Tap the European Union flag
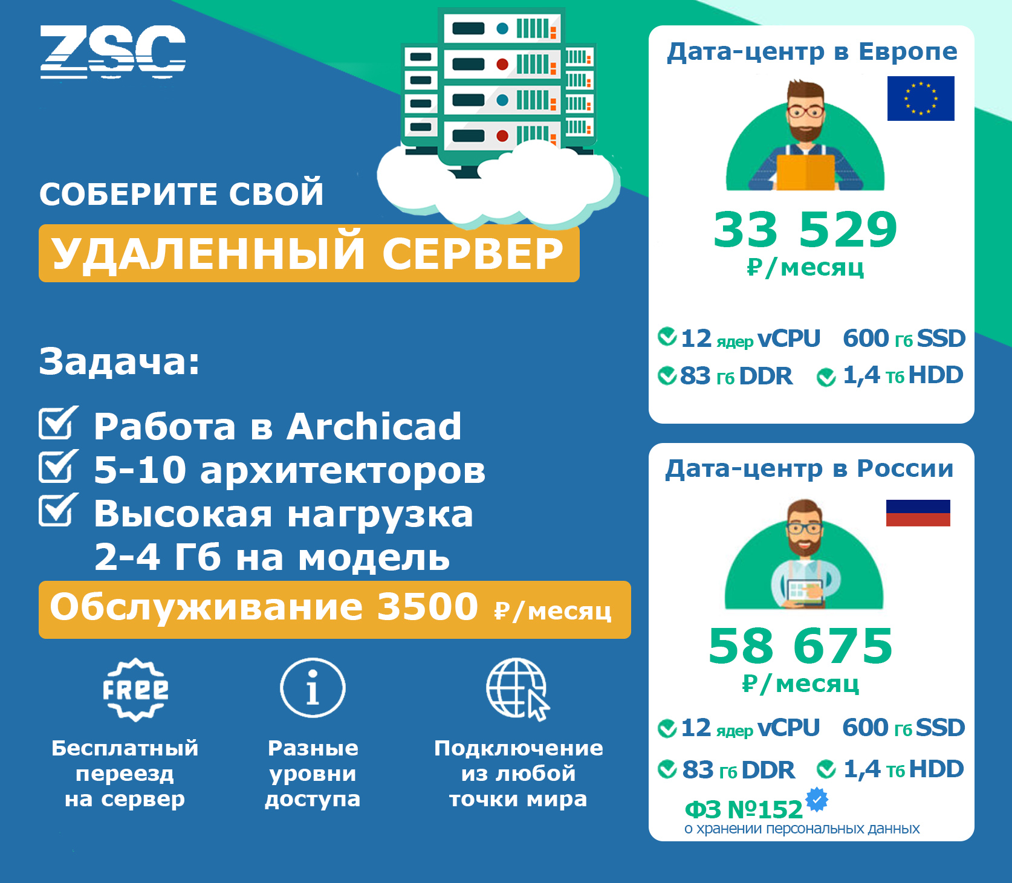pyautogui.click(x=921, y=99)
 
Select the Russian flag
pyautogui.click(x=918, y=513)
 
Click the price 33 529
pyautogui.click(x=805, y=230)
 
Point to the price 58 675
pyautogui.click(x=800, y=646)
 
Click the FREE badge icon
pyautogui.click(x=135, y=690)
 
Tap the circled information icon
pyautogui.click(x=313, y=688)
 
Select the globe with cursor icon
pyautogui.click(x=518, y=689)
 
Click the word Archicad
pyautogui.click(x=374, y=426)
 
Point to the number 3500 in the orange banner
pyautogui.click(x=427, y=607)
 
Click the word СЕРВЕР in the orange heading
pyautogui.click(x=473, y=253)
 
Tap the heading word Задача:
pyautogui.click(x=119, y=361)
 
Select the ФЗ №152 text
pyautogui.click(x=744, y=809)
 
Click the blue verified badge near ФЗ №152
pyautogui.click(x=817, y=800)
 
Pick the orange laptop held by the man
pyautogui.click(x=805, y=172)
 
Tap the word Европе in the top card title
pyautogui.click(x=908, y=51)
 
